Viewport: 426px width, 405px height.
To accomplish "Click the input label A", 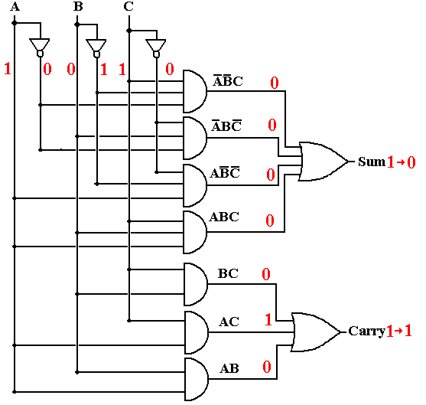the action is pos(15,7).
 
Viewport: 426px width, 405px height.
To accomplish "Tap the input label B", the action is pos(78,7).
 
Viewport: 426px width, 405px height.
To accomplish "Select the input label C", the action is pos(128,7).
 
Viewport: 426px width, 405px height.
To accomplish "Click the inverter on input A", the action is pos(40,47).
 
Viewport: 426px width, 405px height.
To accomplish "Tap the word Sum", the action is pos(372,162).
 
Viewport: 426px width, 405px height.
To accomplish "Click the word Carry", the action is pos(367,331).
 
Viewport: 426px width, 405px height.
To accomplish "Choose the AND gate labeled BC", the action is pos(196,284).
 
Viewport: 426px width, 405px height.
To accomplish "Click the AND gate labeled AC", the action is pos(196,332).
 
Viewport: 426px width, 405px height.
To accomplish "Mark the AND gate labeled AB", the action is pos(196,379).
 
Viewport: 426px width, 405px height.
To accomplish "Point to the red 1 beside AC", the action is pos(268,319).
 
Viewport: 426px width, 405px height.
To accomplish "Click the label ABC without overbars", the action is pos(224,217).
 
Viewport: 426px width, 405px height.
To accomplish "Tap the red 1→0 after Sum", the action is pos(401,162).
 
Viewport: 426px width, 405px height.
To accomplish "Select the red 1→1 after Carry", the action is pos(398,331).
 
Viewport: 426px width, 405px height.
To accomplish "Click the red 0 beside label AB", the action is pos(267,367).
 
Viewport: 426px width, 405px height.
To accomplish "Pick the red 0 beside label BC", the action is pos(266,274).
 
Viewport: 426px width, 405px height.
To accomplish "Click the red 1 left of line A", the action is pos(8,69).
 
